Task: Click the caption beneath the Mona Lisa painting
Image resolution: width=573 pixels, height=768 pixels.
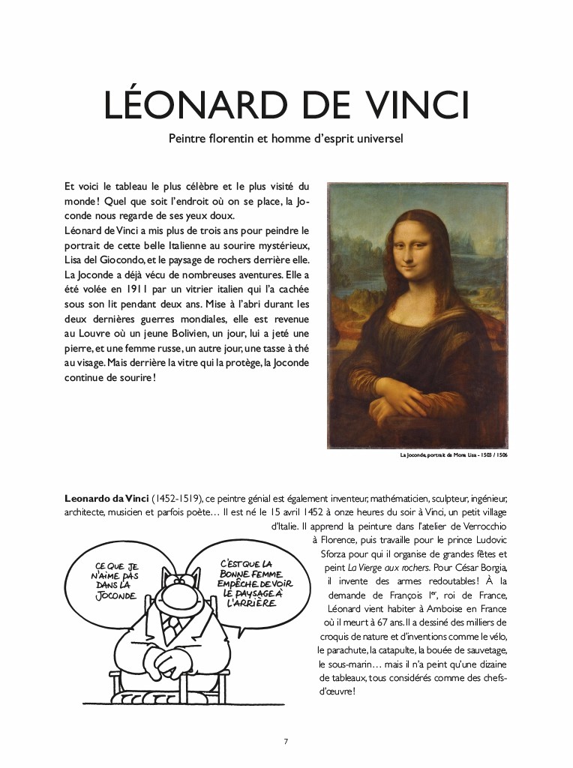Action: click(454, 455)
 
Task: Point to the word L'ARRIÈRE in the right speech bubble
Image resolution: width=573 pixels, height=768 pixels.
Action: click(246, 603)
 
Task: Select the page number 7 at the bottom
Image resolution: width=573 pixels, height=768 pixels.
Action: click(286, 742)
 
